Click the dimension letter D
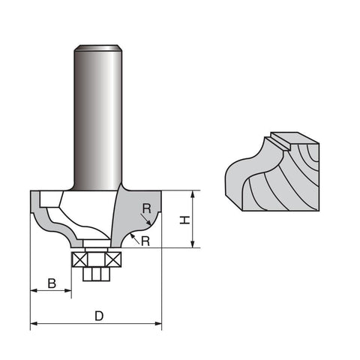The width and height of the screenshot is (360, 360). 99,316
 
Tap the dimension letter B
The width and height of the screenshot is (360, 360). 51,283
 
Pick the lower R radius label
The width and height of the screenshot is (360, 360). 145,241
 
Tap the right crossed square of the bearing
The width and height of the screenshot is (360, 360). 114,260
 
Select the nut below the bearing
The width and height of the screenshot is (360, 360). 95,274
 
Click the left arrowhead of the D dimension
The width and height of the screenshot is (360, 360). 34,325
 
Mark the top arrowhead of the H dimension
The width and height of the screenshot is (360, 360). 193,194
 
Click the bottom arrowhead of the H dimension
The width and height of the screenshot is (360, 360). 193,244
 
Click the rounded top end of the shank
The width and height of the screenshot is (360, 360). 97,49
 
